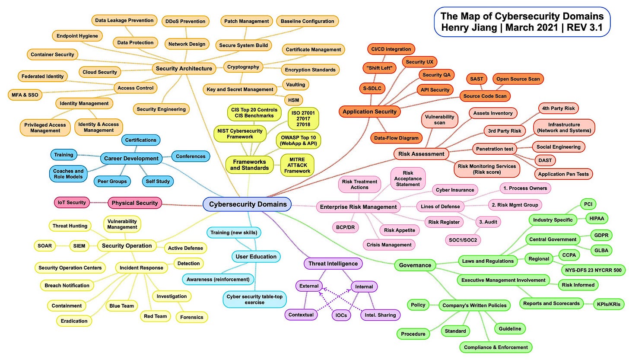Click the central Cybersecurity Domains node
pyautogui.click(x=248, y=204)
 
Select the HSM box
pyautogui.click(x=293, y=100)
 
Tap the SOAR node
pyautogui.click(x=44, y=246)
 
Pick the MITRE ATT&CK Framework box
pyautogui.click(x=297, y=165)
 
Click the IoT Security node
pyautogui.click(x=71, y=202)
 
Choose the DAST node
pyautogui.click(x=546, y=160)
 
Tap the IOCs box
pyautogui.click(x=341, y=315)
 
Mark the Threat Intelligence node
pyautogui.click(x=333, y=263)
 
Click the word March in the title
pyautogui.click(x=529, y=28)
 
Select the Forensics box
pyautogui.click(x=192, y=317)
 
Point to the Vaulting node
pyautogui.click(x=296, y=85)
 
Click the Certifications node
pyautogui.click(x=140, y=140)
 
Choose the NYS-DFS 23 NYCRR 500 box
pyautogui.click(x=593, y=271)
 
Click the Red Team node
pyautogui.click(x=155, y=316)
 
